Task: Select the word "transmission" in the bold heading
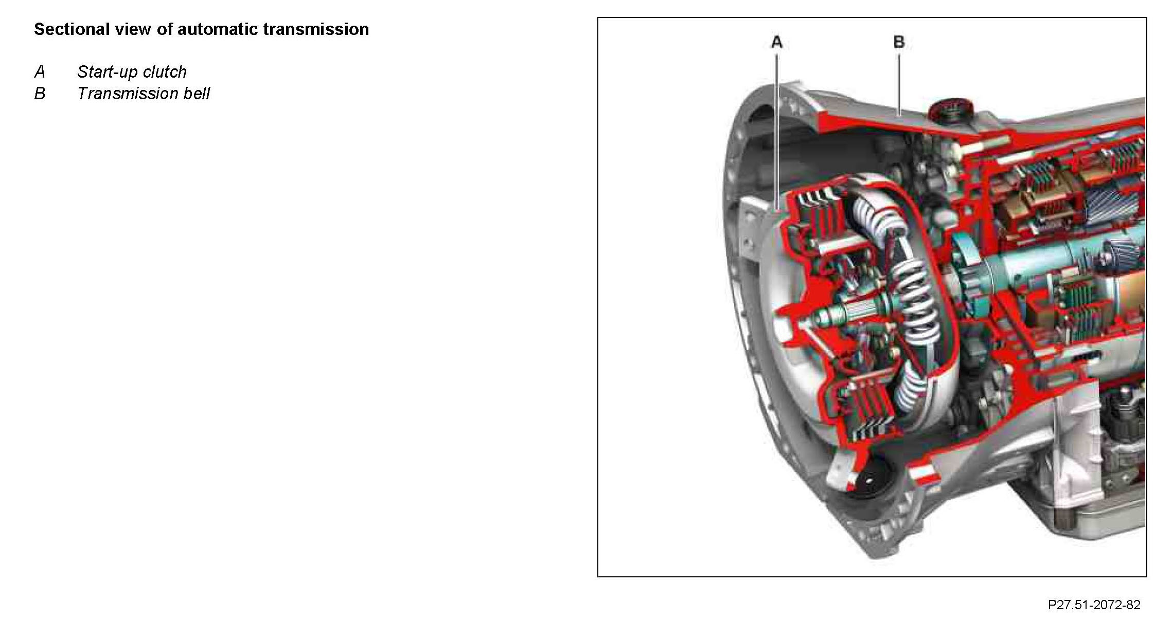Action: pos(316,29)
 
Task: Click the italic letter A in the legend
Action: pos(40,72)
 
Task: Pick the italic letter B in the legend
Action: pos(40,94)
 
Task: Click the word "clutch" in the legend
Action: pos(165,72)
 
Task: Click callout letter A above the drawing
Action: pos(777,42)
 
